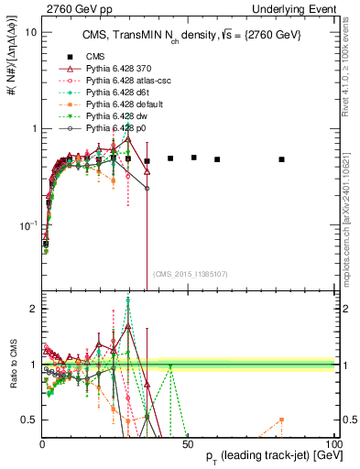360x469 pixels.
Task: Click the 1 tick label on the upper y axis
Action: (x=33, y=128)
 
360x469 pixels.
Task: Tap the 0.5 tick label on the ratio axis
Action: (x=28, y=420)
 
